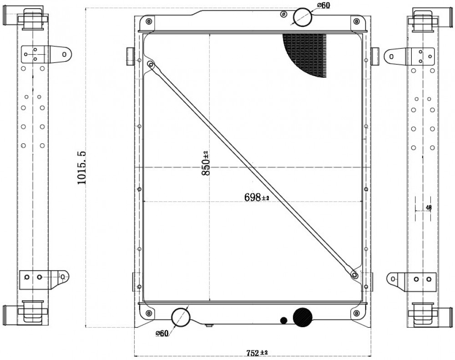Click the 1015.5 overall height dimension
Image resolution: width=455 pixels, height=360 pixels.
pyautogui.click(x=81, y=167)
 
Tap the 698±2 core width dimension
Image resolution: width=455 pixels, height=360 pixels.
pyautogui.click(x=257, y=198)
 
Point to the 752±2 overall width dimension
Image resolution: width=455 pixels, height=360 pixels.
pyautogui.click(x=257, y=353)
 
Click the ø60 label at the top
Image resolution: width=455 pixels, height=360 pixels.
pyautogui.click(x=324, y=5)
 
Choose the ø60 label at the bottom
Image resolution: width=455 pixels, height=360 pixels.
pyautogui.click(x=162, y=333)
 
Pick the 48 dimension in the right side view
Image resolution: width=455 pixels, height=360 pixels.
pyautogui.click(x=429, y=207)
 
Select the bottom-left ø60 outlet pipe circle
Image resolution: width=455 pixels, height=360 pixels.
pyautogui.click(x=181, y=317)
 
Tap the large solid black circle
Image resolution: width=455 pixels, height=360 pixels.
pyautogui.click(x=303, y=317)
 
